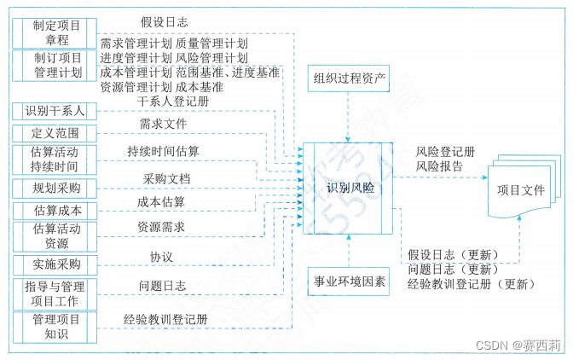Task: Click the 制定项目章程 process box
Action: click(x=57, y=33)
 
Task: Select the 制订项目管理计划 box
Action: click(x=57, y=65)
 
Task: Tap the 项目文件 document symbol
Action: click(x=519, y=189)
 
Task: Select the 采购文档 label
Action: click(x=167, y=180)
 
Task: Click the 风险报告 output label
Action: click(x=440, y=166)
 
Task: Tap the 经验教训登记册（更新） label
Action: click(x=467, y=283)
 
